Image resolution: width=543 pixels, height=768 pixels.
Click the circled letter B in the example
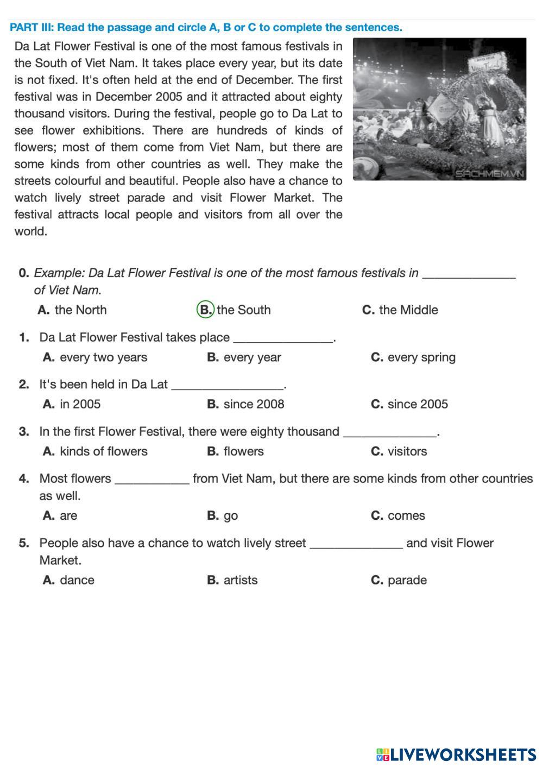point(205,310)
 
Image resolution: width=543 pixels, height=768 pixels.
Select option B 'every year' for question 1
point(244,357)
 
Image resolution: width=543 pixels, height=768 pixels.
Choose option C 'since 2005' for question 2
point(409,404)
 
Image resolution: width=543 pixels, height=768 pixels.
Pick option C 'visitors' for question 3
point(399,451)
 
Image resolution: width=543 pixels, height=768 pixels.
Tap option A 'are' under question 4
point(60,515)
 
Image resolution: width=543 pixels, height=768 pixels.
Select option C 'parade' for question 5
point(399,580)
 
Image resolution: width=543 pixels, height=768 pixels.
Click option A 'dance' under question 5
point(69,580)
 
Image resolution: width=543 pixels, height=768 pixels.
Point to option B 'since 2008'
point(246,404)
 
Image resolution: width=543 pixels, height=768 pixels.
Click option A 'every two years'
point(95,357)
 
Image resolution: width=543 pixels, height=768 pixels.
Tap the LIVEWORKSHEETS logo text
point(462,754)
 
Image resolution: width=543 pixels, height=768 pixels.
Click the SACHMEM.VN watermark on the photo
point(489,174)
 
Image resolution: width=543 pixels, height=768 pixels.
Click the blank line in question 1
point(283,341)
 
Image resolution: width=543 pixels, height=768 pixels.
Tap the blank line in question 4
point(153,482)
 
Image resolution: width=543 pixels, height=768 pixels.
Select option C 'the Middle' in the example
point(400,310)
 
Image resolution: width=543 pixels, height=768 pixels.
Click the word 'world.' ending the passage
point(31,231)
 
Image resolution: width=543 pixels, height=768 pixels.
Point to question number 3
point(24,432)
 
